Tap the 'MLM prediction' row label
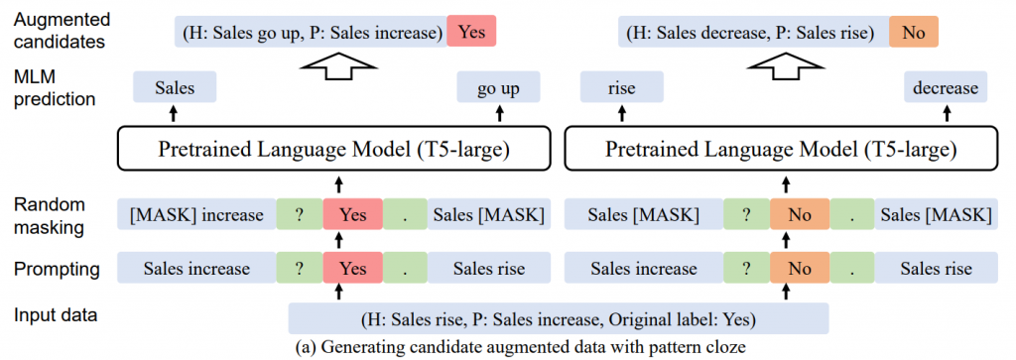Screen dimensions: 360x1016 click(x=55, y=87)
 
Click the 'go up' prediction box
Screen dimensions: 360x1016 click(x=498, y=88)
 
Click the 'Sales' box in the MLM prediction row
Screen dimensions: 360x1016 click(x=175, y=88)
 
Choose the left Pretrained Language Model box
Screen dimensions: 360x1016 click(x=333, y=151)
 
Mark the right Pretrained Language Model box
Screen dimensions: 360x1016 click(x=780, y=151)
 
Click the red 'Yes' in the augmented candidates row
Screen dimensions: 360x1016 click(x=471, y=32)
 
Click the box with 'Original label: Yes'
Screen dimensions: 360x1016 click(x=559, y=318)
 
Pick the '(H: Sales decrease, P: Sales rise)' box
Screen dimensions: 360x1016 click(x=750, y=32)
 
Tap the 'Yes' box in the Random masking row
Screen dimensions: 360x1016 click(x=351, y=214)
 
